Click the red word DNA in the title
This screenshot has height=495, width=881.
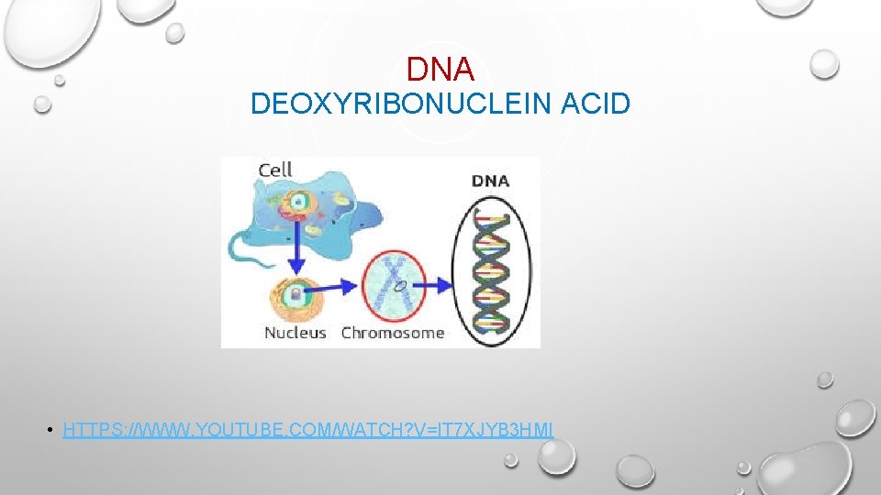440,69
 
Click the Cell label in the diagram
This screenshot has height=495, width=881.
275,169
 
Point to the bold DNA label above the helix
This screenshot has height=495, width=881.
491,181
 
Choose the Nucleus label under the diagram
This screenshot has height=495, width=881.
296,333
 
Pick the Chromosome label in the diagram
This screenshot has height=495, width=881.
393,333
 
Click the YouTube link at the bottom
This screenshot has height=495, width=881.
308,429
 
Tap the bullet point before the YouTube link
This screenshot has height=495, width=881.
53,430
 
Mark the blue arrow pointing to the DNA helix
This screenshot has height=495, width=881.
438,286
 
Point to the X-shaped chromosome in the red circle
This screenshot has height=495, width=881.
396,284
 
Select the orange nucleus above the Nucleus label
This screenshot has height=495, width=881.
296,295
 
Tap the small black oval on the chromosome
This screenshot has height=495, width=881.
400,287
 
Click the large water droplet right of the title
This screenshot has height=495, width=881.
825,63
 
